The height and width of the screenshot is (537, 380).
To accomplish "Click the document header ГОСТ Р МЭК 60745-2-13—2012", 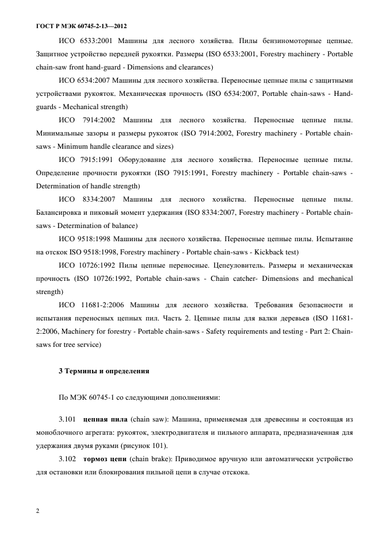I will (x=81, y=26).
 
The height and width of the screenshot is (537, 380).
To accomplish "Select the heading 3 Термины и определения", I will (x=104, y=371).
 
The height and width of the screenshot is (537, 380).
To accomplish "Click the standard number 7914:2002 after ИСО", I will (x=98, y=120).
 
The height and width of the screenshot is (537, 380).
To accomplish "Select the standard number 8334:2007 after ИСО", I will (x=98, y=199).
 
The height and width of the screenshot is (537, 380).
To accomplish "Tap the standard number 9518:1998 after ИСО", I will (x=95, y=239).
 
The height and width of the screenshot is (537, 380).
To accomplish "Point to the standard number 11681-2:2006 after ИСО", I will (x=103, y=305).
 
